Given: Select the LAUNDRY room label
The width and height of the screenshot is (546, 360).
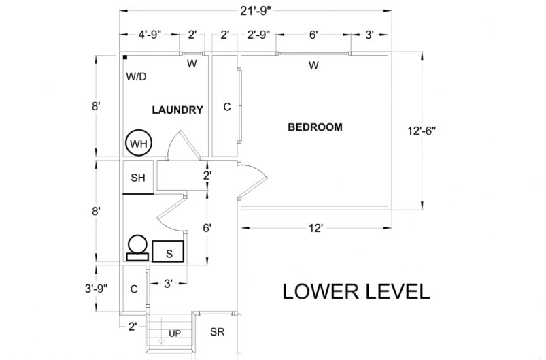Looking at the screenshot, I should click(177, 110).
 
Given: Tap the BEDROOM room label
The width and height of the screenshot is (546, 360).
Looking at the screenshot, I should click(315, 127).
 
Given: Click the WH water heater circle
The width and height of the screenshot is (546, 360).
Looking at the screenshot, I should click(139, 144).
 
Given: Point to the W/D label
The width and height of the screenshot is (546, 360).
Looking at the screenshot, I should click(136, 77).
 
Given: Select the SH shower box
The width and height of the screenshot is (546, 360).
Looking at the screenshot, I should click(139, 178).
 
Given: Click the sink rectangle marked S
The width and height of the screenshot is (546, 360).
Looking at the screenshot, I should click(169, 251).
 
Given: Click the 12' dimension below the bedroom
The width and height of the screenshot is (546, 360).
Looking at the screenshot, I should click(314, 229).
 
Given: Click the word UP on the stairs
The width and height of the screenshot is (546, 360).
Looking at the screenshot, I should click(175, 333).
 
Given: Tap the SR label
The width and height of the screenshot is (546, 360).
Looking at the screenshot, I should click(218, 333).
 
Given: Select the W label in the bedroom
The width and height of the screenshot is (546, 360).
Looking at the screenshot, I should click(313, 65).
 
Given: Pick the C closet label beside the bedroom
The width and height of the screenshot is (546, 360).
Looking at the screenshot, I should click(227, 107).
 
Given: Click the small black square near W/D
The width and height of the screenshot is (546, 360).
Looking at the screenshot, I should click(126, 59).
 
